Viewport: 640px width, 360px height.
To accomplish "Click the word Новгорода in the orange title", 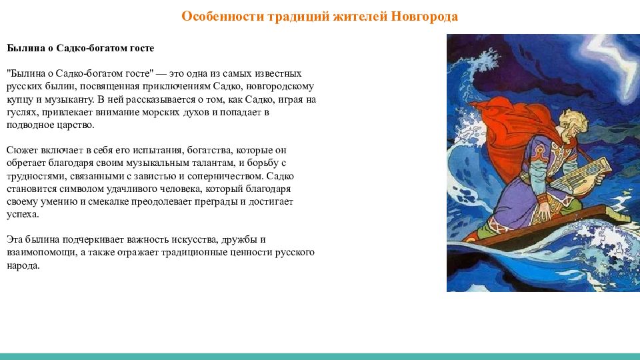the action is [x=425, y=16].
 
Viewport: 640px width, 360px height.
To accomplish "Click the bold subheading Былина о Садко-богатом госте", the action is [x=81, y=48].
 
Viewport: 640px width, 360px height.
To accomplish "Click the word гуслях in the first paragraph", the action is [x=21, y=112].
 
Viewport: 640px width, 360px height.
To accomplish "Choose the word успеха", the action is [x=23, y=214].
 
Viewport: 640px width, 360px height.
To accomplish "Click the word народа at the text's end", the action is [x=23, y=265].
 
